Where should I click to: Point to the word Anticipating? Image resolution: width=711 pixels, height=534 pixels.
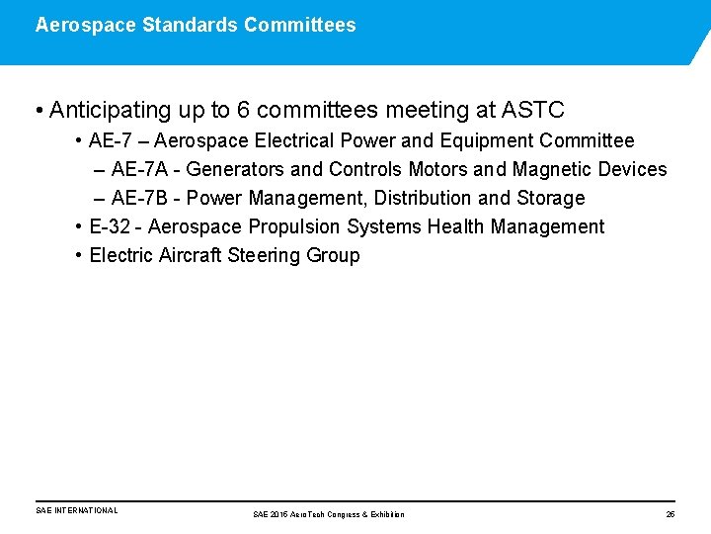[110, 109]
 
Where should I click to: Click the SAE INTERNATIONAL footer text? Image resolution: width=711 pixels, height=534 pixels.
[76, 511]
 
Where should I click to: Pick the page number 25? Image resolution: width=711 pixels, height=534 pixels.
[671, 514]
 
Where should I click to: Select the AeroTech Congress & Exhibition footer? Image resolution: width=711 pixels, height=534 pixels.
[329, 514]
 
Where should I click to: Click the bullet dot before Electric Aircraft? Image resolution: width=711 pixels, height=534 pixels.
[78, 256]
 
